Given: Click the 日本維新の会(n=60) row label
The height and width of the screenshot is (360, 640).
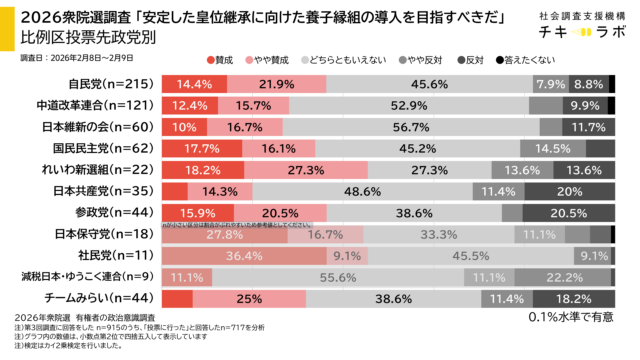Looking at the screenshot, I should click(x=103, y=127).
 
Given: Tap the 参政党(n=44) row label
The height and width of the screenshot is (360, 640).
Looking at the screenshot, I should click(x=110, y=212).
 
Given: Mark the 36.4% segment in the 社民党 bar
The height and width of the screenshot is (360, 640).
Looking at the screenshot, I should click(x=243, y=255).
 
